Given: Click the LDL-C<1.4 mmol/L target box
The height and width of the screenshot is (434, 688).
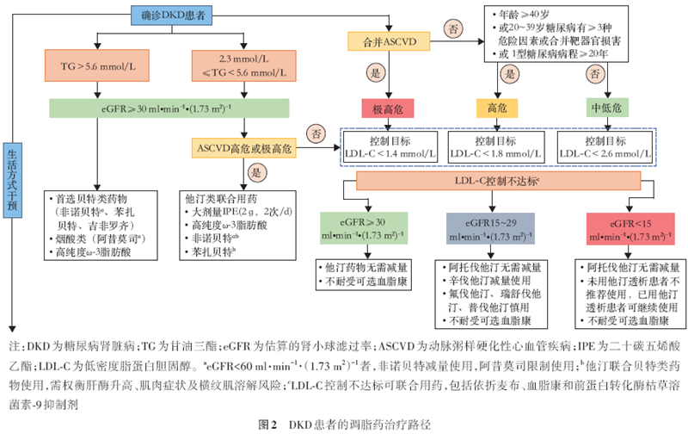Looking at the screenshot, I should tap(389, 145).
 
